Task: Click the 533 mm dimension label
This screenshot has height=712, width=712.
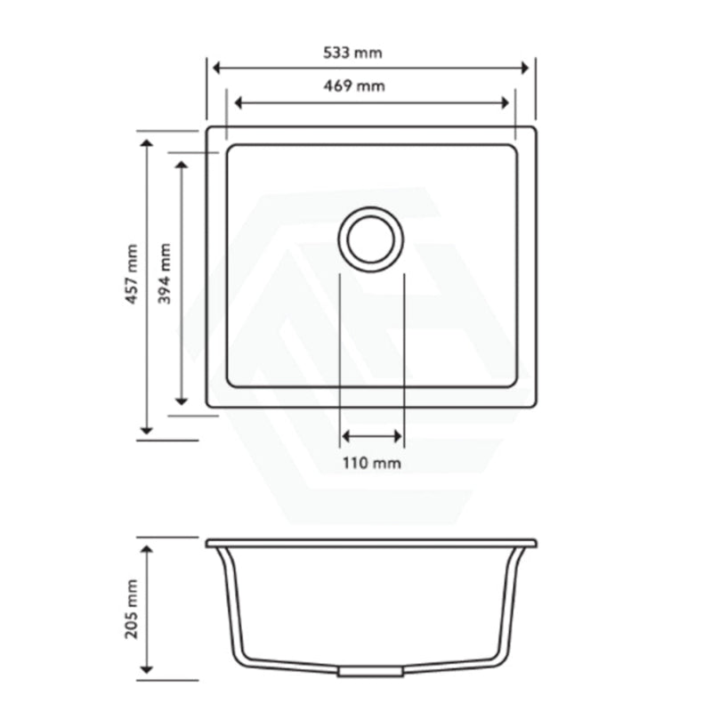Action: click(x=353, y=53)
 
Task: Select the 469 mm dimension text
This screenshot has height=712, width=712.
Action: click(x=353, y=86)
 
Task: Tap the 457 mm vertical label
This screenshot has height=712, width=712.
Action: click(x=133, y=275)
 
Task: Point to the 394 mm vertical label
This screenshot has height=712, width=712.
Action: click(x=166, y=275)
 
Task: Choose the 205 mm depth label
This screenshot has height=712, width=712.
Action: click(x=133, y=609)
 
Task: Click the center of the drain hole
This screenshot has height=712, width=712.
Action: click(x=370, y=239)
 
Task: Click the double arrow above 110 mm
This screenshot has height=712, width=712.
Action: click(x=372, y=436)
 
